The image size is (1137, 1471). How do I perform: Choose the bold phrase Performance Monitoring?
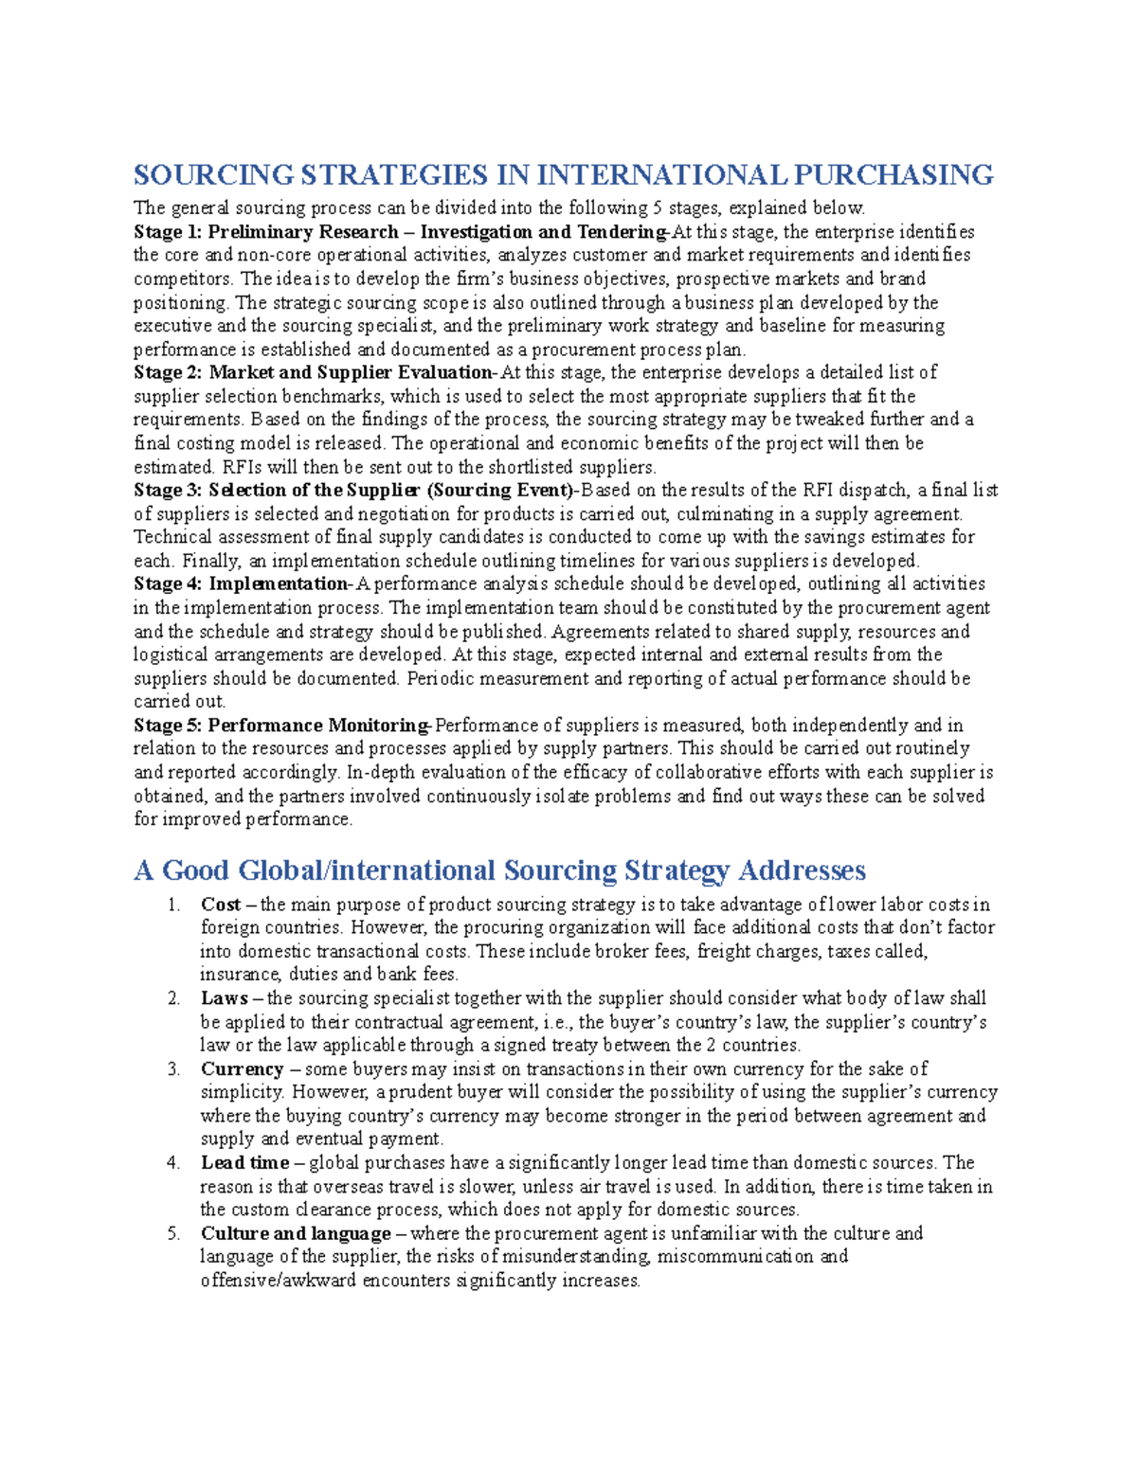[318, 726]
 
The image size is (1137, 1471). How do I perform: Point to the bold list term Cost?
[220, 905]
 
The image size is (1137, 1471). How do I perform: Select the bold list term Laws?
[224, 998]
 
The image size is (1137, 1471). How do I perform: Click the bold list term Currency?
[242, 1069]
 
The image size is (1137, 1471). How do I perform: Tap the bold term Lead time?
[244, 1163]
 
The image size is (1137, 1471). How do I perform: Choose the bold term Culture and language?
[296, 1233]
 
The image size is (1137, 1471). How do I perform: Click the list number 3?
[173, 1069]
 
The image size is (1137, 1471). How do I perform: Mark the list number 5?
[173, 1233]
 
